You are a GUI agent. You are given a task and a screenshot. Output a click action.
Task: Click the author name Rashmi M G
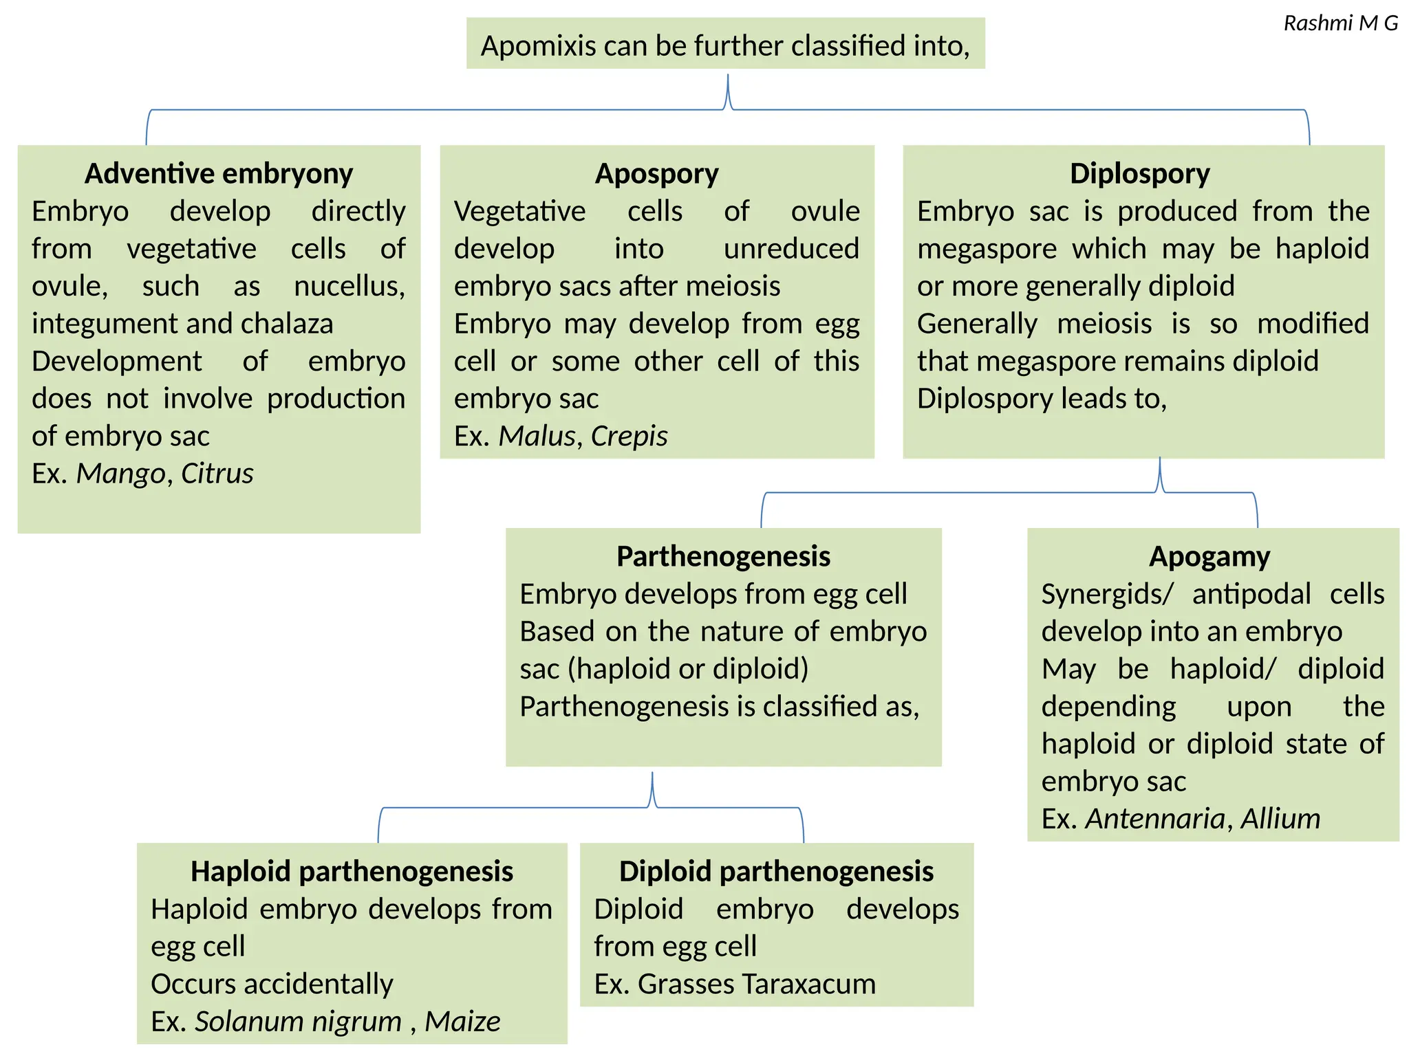1340,23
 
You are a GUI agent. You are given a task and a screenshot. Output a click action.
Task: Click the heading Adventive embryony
219,173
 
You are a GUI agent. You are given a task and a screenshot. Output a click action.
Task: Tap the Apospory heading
656,173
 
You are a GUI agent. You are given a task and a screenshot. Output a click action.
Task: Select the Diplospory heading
1139,173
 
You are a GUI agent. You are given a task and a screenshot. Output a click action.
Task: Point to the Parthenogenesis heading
723,556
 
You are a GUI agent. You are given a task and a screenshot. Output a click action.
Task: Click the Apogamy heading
1209,556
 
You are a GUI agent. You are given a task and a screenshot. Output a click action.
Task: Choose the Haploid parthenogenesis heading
352,871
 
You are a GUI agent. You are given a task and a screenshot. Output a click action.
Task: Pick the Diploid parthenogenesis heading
776,871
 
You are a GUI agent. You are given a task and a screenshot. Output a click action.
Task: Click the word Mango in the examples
120,474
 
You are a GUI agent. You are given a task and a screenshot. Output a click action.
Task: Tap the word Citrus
217,474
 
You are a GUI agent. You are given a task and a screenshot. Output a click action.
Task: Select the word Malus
537,436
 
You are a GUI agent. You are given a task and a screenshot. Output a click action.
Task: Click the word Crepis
629,436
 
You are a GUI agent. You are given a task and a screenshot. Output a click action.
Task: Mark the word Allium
1280,819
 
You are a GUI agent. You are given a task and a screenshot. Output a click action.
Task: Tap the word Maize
462,1022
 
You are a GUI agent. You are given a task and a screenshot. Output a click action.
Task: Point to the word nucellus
349,286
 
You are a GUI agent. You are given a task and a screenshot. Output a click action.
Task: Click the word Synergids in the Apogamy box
1106,594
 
